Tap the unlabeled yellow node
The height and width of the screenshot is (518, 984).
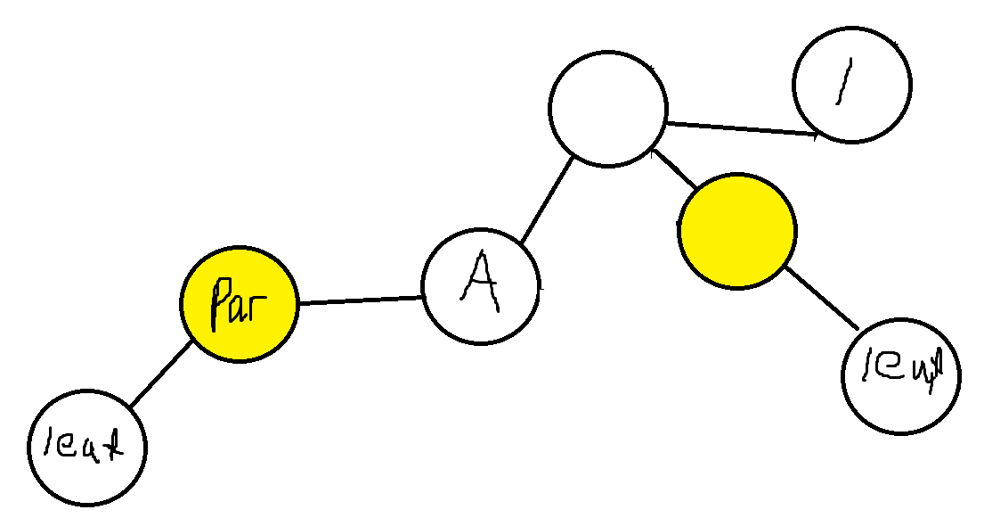click(x=736, y=230)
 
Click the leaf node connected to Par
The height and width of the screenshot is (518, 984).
click(x=86, y=446)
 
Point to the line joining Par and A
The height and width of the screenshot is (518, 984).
click(x=360, y=300)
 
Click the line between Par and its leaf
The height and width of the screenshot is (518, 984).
click(x=160, y=374)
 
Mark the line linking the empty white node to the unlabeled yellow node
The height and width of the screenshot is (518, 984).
click(x=674, y=170)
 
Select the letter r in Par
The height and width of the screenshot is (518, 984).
click(x=259, y=307)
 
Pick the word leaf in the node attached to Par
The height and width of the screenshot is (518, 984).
click(x=85, y=443)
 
